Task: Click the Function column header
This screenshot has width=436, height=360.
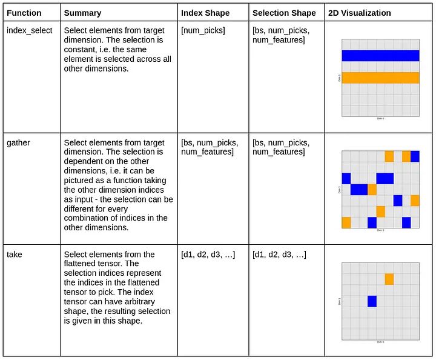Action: (x=24, y=13)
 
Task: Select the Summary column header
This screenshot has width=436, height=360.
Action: (x=82, y=13)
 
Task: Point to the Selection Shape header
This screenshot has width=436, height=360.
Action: (x=284, y=13)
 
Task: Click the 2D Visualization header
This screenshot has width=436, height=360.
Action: (x=359, y=13)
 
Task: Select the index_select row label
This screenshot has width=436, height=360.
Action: (x=29, y=30)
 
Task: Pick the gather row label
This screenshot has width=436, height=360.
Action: (x=18, y=142)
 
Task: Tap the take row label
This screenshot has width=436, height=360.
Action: (x=15, y=255)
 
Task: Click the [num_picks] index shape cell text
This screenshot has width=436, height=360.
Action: (x=203, y=30)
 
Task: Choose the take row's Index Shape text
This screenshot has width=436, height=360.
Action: (x=208, y=255)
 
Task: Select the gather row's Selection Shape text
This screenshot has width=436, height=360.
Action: (x=280, y=147)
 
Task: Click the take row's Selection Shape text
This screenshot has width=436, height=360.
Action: (x=279, y=255)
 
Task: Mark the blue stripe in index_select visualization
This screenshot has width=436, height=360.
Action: (x=380, y=56)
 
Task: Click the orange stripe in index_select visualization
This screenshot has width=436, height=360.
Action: (x=380, y=78)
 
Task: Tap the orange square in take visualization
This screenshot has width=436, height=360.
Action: (x=389, y=279)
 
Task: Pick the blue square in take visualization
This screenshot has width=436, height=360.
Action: (x=372, y=301)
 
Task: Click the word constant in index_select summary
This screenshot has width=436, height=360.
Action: (x=82, y=50)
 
